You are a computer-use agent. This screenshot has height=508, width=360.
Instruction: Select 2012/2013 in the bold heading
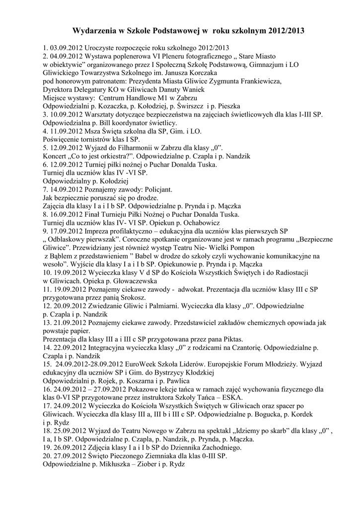(x=287, y=31)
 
